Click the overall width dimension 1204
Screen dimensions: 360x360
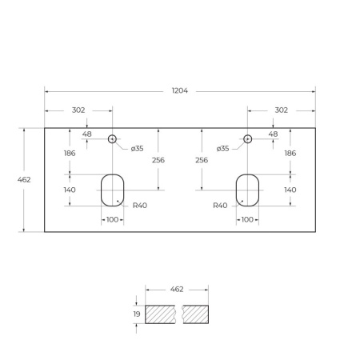[x=180, y=90]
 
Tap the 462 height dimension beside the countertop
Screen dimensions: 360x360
[x=24, y=179]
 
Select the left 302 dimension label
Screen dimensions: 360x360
[x=79, y=110]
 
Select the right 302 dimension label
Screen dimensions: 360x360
[x=281, y=110]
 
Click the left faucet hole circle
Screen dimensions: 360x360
[x=113, y=139]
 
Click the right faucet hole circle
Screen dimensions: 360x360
[x=247, y=139]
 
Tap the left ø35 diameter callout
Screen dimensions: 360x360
[x=137, y=148]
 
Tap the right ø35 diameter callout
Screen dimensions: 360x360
[x=223, y=148]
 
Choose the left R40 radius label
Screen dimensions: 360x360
[x=140, y=206]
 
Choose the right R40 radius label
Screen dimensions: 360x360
[x=220, y=206]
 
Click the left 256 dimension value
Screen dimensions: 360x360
[x=158, y=160]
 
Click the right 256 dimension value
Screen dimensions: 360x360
[x=202, y=160]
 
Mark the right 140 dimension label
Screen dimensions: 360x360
[x=290, y=190]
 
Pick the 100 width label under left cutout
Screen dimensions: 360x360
[x=112, y=219]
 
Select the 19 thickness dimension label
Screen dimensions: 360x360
[x=137, y=314]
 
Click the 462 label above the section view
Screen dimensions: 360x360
[x=177, y=288]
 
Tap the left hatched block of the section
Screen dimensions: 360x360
[x=162, y=314]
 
